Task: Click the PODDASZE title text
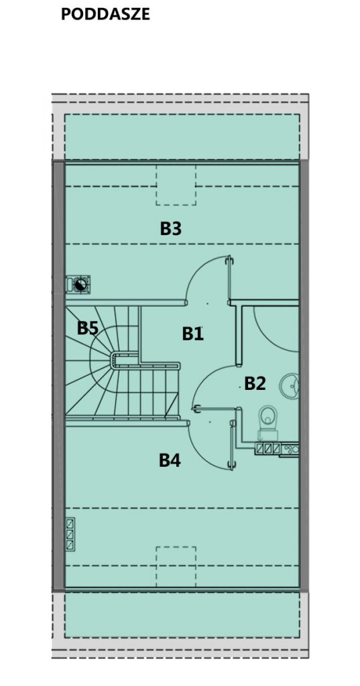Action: point(105,15)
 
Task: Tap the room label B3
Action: point(170,228)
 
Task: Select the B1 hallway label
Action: point(192,334)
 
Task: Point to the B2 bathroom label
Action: point(255,383)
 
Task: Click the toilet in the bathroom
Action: point(267,423)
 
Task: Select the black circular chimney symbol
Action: point(80,285)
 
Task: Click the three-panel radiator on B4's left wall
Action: point(70,534)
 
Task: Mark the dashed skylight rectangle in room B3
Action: point(176,185)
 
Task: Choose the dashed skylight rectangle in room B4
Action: point(176,567)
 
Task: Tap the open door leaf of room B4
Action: point(232,445)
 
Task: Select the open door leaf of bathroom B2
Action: point(215,409)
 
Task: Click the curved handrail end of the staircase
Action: point(115,360)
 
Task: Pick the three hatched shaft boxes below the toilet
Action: point(268,448)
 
